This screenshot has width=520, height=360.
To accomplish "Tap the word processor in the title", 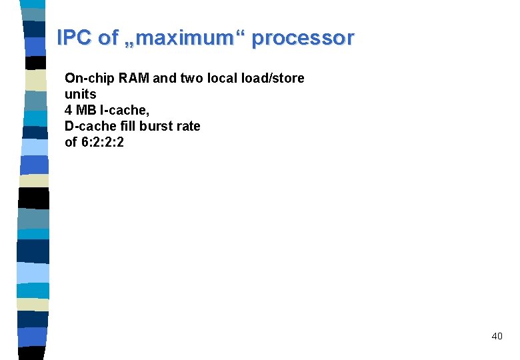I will [x=303, y=38].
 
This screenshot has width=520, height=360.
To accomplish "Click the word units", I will [x=81, y=94].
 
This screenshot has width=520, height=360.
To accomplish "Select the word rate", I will [x=188, y=126].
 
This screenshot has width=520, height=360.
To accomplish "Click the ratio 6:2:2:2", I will [x=103, y=142].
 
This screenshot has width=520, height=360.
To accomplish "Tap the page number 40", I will [x=497, y=336].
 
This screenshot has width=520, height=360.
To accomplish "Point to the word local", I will [x=222, y=78].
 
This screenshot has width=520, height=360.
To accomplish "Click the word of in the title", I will [x=108, y=38].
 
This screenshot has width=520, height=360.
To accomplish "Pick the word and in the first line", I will [x=164, y=78].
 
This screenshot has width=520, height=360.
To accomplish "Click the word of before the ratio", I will [x=71, y=142].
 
